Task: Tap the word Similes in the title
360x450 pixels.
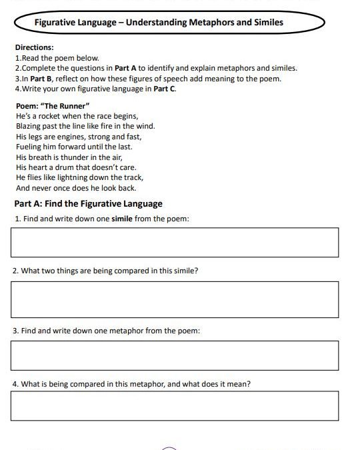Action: point(266,23)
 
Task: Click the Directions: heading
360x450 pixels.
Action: point(34,48)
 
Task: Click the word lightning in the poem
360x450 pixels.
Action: point(82,178)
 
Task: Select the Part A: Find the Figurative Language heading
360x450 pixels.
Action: point(88,203)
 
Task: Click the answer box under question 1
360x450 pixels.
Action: point(174,242)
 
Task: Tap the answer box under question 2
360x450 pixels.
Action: point(174,299)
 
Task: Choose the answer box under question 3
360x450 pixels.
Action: point(174,355)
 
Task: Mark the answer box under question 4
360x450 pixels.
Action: point(174,405)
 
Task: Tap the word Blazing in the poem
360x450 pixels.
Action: point(27,126)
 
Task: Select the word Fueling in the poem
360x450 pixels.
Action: point(28,147)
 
